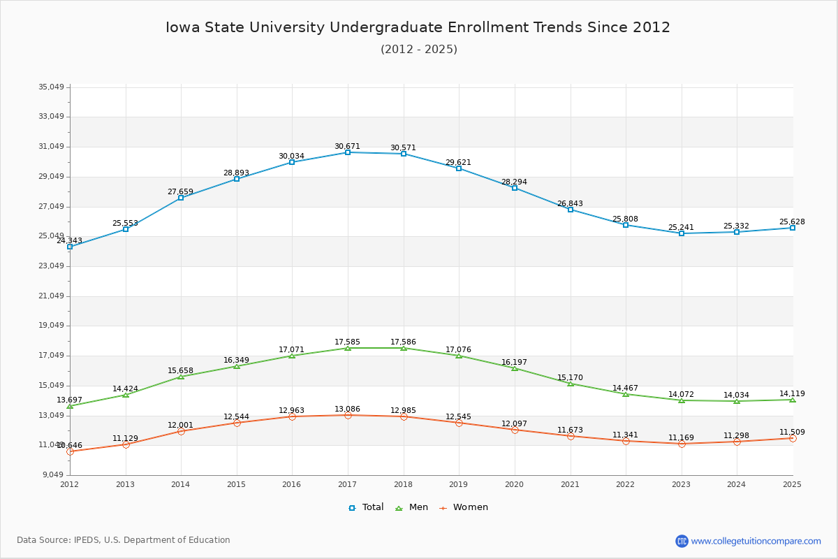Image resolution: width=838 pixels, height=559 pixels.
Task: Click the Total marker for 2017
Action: (348, 152)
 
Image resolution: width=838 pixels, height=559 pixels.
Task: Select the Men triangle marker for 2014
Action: (181, 377)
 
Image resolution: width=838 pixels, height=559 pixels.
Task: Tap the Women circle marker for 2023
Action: (682, 444)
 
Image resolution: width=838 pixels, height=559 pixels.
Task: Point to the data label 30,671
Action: (347, 147)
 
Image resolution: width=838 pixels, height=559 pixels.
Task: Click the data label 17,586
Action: (403, 342)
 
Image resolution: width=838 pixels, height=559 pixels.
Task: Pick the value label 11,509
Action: (792, 433)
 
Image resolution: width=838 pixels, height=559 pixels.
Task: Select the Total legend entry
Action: (367, 507)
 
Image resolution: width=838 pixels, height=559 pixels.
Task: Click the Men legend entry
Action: (412, 507)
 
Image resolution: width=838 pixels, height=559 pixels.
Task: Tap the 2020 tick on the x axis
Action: (514, 484)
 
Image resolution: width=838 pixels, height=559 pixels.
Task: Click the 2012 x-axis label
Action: (69, 484)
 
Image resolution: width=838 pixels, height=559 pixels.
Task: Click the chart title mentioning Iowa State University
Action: (418, 27)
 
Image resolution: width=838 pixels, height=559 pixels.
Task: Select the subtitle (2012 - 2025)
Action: (418, 49)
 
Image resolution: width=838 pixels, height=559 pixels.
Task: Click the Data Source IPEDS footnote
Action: (124, 540)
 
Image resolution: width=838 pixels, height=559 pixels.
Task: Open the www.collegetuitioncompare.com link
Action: (756, 541)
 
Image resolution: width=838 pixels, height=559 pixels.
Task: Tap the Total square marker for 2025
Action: (793, 228)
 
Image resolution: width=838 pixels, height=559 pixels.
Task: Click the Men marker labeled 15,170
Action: (571, 384)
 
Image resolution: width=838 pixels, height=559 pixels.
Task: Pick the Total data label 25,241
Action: (681, 228)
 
